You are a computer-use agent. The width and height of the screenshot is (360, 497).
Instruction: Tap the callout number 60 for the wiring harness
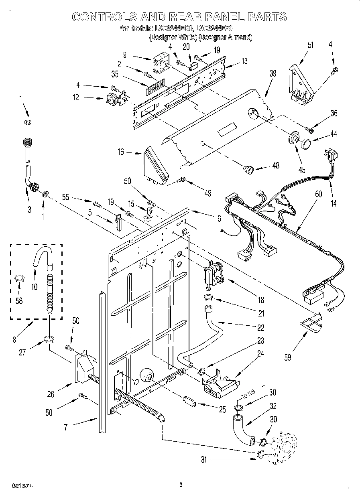[x=318, y=194]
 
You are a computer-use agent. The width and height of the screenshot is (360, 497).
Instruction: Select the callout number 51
[x=299, y=45]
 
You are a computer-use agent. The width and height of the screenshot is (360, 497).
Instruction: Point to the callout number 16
[x=120, y=152]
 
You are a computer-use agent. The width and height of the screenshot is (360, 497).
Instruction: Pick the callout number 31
[x=204, y=460]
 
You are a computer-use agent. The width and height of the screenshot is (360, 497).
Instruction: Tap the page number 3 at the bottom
[x=181, y=485]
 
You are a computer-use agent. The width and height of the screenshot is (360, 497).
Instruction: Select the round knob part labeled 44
[x=307, y=143]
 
